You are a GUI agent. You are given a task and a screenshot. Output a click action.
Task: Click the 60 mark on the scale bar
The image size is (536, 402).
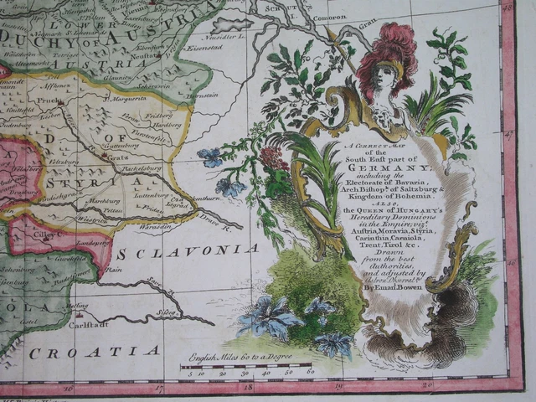point(311,370)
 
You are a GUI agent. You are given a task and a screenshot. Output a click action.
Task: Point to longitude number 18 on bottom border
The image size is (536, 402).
point(248,387)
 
